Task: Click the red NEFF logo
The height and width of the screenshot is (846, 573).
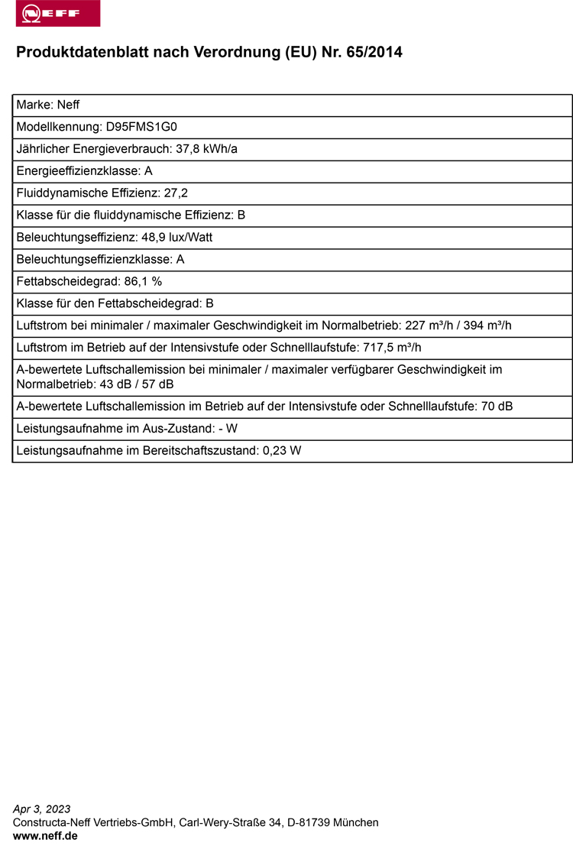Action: [58, 14]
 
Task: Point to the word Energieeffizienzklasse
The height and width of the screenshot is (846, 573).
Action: [77, 171]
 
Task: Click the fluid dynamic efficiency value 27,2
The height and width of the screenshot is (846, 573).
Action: [176, 193]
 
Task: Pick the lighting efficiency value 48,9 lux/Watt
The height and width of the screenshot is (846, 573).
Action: [177, 238]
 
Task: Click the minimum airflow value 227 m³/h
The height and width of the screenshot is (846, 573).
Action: [426, 326]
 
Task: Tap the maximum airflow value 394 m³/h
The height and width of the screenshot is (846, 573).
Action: [487, 326]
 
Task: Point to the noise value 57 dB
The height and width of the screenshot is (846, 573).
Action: [159, 384]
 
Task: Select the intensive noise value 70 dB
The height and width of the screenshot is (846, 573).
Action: [497, 407]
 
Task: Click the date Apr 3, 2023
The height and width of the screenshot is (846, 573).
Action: [42, 809]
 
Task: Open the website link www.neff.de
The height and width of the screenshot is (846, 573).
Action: [45, 836]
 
